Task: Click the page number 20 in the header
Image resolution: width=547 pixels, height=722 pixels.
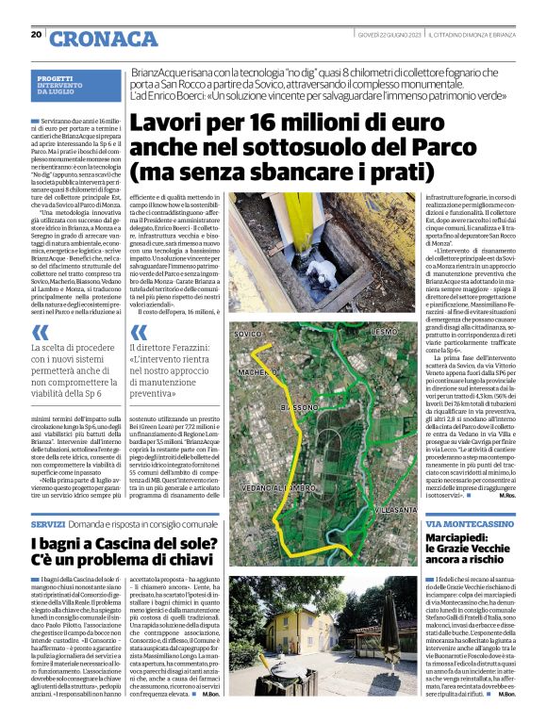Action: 36,35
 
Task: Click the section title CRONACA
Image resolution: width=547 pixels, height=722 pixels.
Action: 104,39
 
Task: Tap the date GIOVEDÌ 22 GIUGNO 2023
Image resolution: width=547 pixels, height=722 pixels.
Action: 389,35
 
